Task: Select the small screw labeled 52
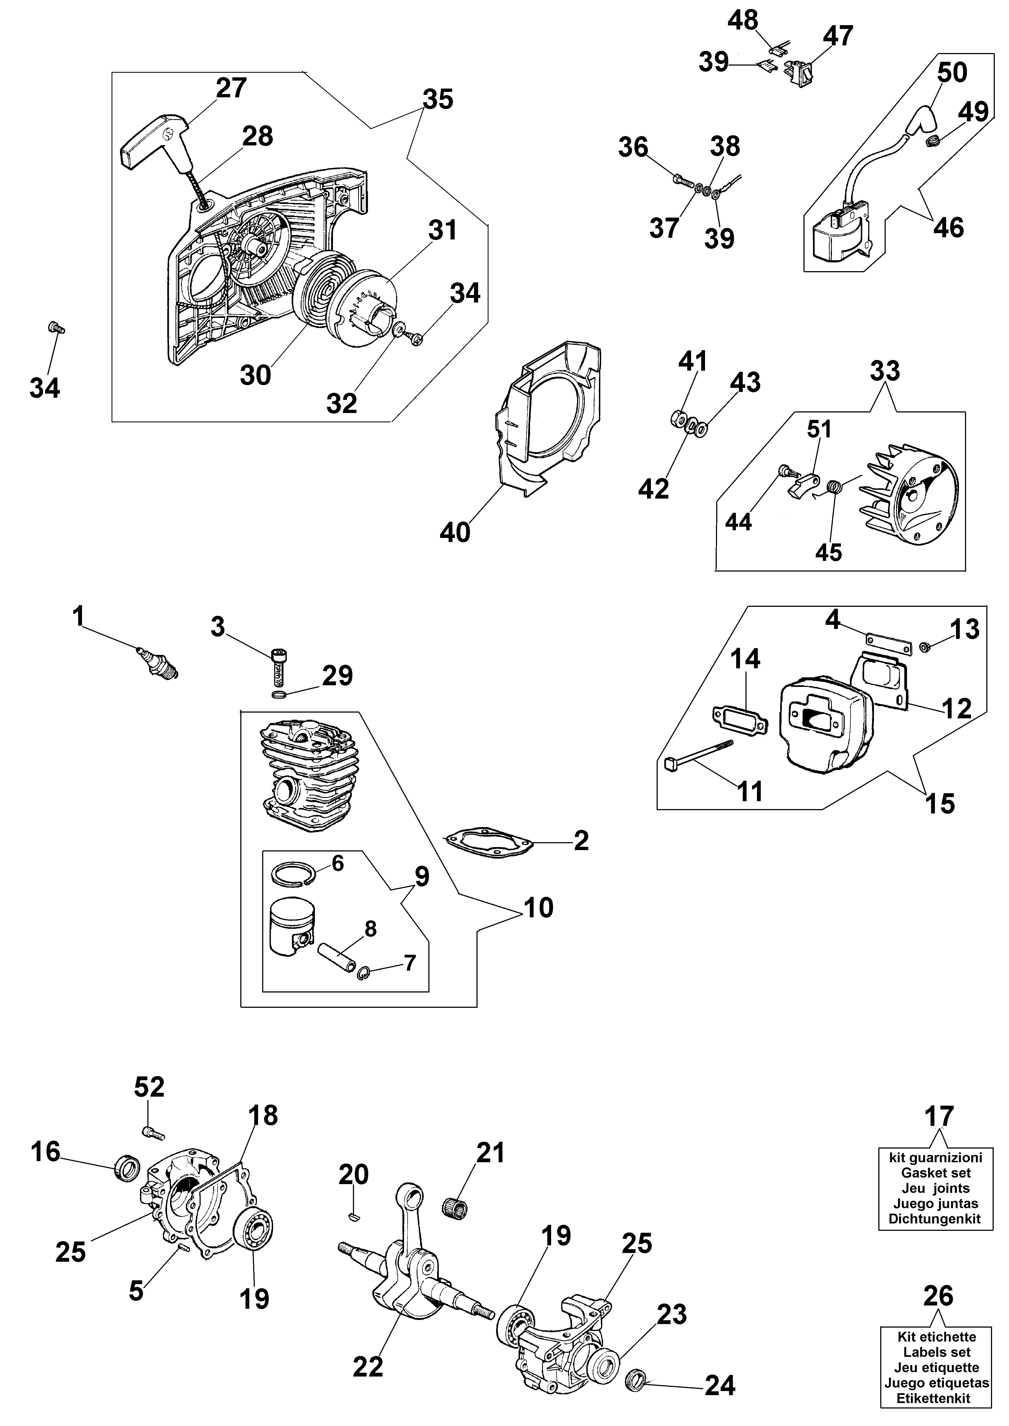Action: coord(153,1133)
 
